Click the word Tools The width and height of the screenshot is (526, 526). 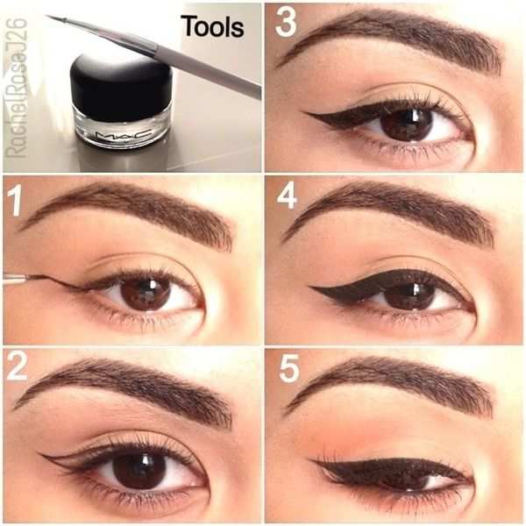[211, 27]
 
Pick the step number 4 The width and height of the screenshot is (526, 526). [287, 195]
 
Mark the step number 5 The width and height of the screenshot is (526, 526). [288, 369]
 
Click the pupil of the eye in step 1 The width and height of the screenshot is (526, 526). [145, 293]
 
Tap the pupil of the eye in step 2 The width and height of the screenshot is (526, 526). [139, 470]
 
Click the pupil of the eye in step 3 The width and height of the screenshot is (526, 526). [406, 124]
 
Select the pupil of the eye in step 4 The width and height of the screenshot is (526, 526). [409, 295]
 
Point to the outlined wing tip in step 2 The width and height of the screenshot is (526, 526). [42, 455]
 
